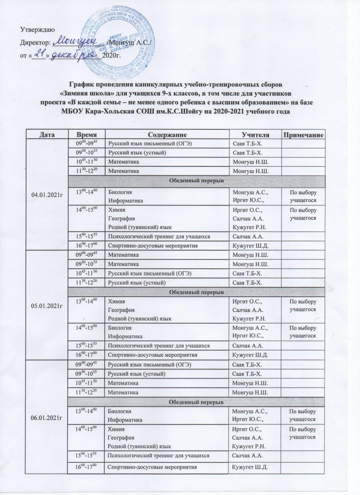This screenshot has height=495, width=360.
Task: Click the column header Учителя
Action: pyautogui.click(x=255, y=133)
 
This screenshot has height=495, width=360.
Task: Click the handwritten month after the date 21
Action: pyautogui.click(x=73, y=55)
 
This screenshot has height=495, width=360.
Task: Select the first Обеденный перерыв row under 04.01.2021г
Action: pyautogui.click(x=196, y=180)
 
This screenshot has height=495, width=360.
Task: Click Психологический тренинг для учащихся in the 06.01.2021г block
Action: pyautogui.click(x=159, y=456)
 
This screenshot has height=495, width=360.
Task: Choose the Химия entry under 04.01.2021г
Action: pyautogui.click(x=115, y=210)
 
